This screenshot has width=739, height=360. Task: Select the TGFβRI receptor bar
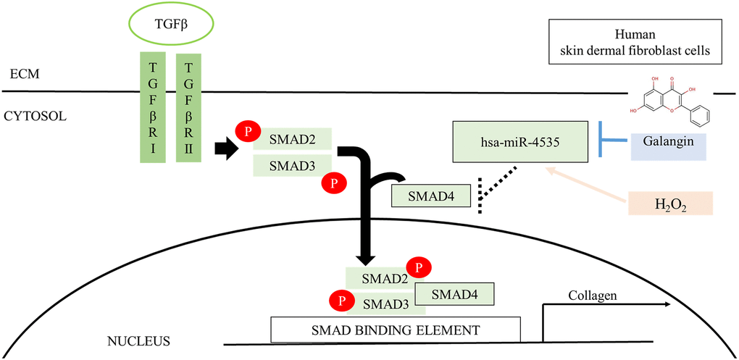152,108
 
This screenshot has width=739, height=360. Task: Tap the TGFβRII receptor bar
188,108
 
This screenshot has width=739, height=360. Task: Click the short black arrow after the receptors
227,149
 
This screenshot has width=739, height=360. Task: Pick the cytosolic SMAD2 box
292,138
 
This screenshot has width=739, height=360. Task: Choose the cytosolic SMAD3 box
292,165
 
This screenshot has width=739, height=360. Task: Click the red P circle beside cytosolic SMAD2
248,132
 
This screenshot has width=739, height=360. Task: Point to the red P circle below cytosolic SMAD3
333,183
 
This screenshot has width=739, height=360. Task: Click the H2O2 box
671,204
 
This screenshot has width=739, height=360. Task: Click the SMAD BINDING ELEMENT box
396,330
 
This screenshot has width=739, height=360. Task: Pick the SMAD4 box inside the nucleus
454,293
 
